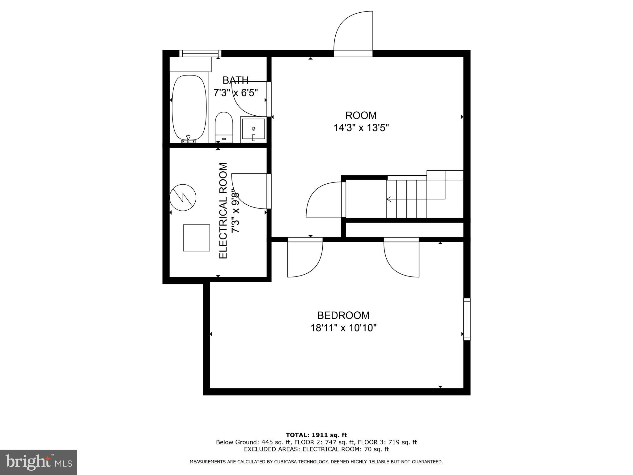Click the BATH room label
pos(236,80)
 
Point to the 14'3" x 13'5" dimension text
pos(361,128)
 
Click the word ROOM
pos(361,115)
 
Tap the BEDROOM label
pos(343,315)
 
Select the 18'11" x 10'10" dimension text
pos(343,328)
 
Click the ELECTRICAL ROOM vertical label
pos(223,211)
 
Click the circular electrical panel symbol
pos(183,198)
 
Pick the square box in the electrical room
pos(196,238)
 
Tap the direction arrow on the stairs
pos(389,199)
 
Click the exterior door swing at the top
pos(353,32)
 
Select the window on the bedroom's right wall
pos(467,319)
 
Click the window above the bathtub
pos(200,53)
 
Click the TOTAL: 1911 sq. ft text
pos(316,435)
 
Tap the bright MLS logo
pos(38,462)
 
